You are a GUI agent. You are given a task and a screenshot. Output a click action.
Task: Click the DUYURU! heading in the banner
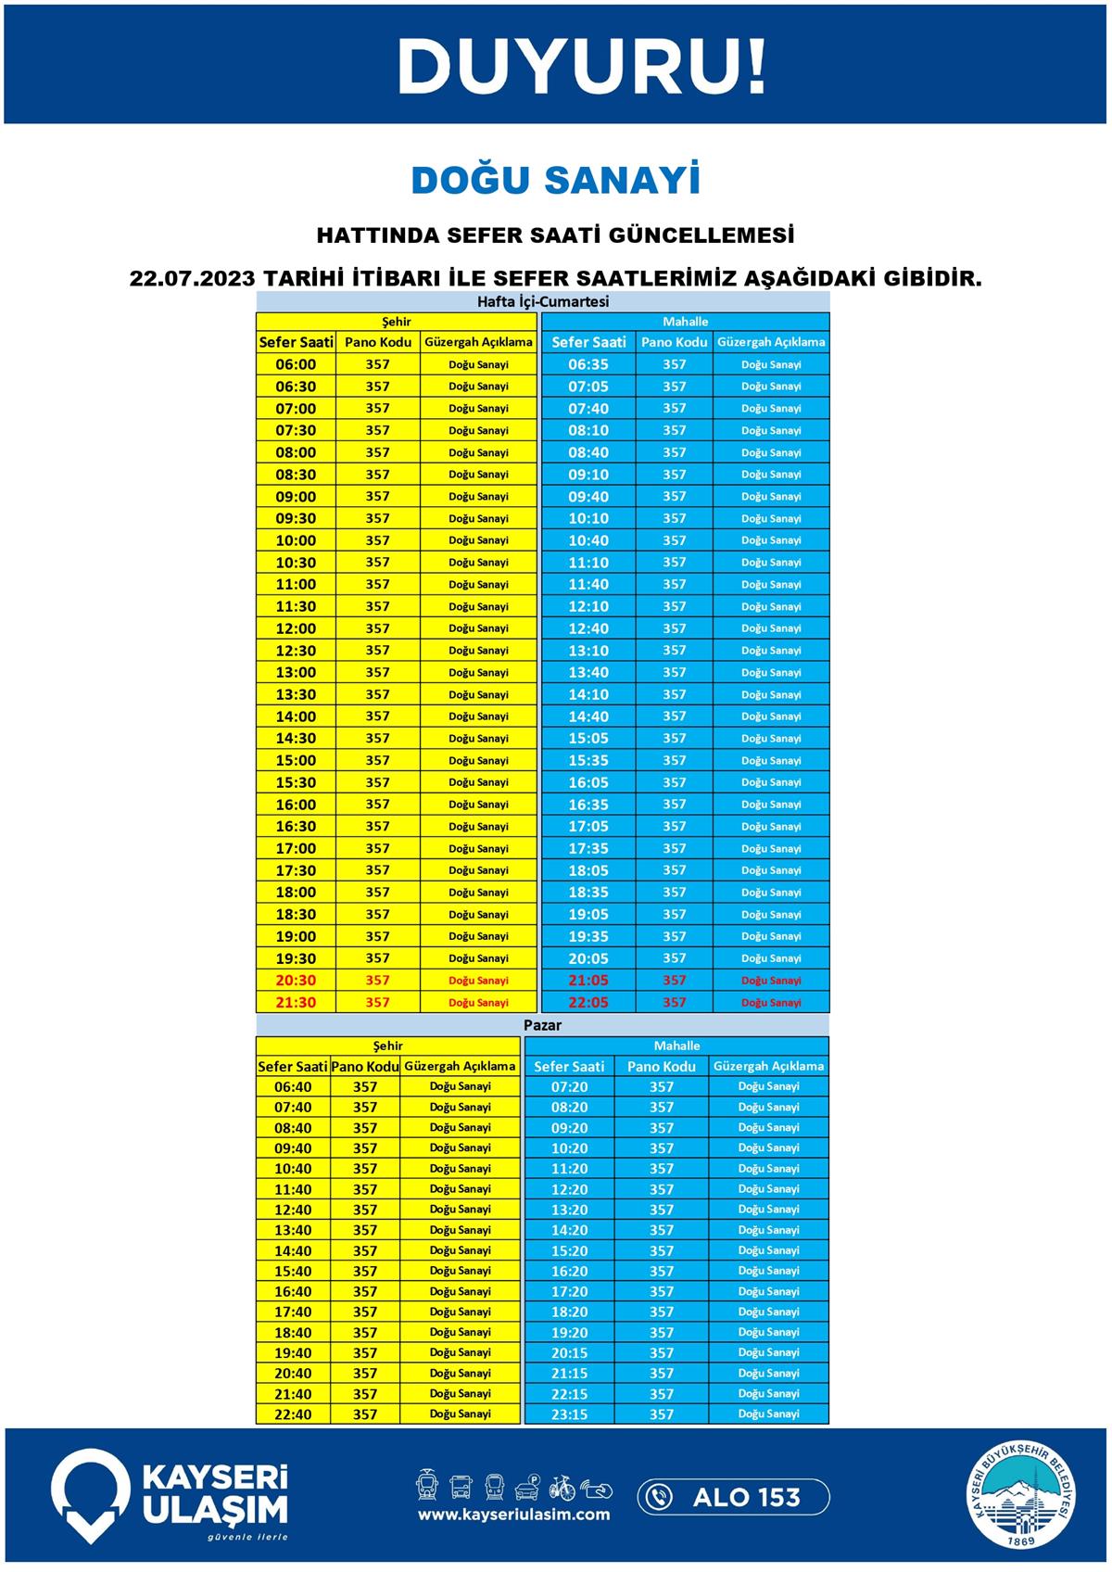(582, 67)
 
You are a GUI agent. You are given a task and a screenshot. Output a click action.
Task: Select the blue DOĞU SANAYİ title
(555, 181)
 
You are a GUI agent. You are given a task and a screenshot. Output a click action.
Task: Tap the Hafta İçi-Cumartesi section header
(542, 302)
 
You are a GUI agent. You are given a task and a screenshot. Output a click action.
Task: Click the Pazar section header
(542, 1025)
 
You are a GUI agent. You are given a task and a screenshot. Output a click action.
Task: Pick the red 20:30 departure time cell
(296, 981)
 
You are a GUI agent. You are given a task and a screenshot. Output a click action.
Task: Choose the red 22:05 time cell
(588, 1003)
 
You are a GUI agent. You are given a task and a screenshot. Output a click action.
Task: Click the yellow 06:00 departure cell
(296, 364)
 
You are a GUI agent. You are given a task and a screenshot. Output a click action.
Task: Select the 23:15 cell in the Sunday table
(569, 1414)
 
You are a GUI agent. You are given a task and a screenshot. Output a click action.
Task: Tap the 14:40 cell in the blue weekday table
(588, 716)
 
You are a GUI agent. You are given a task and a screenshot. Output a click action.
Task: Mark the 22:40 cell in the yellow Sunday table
(293, 1414)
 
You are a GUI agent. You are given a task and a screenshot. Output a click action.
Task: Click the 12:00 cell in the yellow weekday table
(296, 628)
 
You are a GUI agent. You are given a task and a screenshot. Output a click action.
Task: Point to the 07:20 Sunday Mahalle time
(569, 1086)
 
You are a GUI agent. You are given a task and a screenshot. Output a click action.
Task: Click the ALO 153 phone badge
(733, 1497)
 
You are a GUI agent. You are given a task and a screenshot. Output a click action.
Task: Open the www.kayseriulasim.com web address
(513, 1515)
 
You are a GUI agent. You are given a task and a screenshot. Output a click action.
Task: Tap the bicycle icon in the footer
(562, 1487)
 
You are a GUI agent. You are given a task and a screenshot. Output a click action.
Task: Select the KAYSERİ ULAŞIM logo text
(214, 1494)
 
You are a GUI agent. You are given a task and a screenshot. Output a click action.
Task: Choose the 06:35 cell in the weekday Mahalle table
(588, 364)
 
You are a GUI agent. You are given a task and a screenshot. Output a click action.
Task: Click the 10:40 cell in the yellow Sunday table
(293, 1169)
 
